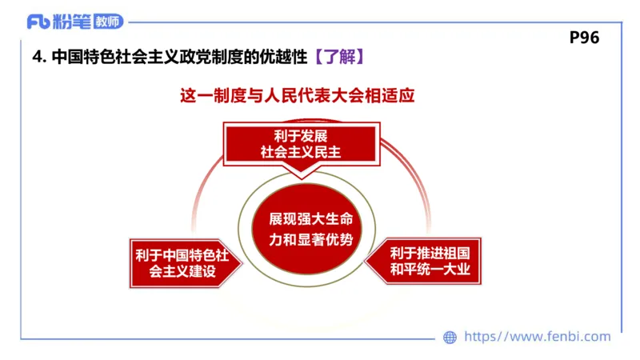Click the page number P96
(x=584, y=38)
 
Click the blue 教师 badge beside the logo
(x=109, y=22)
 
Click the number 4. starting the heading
(x=38, y=58)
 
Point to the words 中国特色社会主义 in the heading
(x=108, y=58)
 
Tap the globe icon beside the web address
(x=450, y=337)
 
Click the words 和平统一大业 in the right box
(x=435, y=270)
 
